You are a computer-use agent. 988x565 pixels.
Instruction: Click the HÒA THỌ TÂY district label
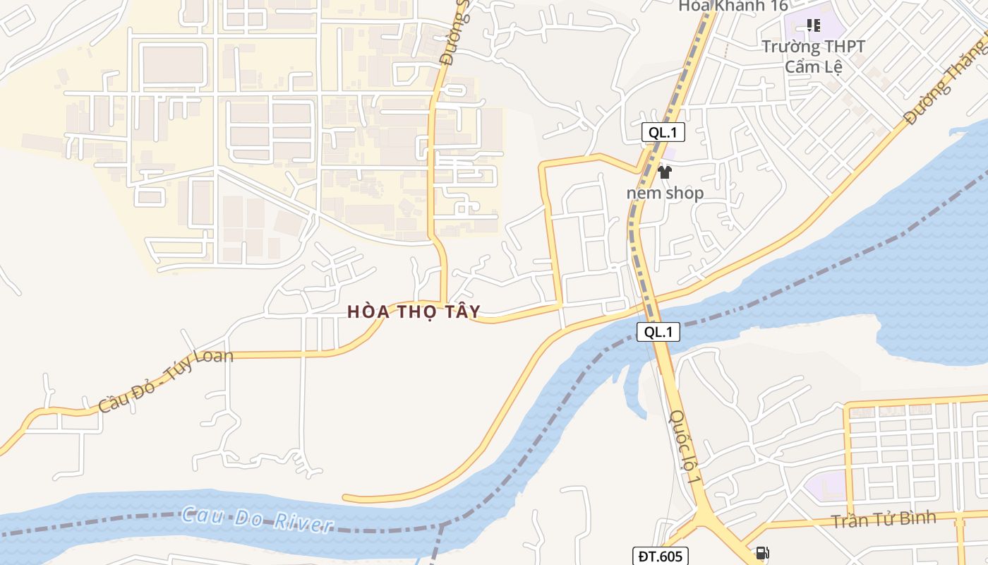(414, 311)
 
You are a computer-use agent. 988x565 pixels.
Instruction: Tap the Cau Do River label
(257, 519)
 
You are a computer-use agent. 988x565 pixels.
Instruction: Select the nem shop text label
(665, 193)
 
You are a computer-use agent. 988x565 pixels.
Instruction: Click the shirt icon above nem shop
(664, 172)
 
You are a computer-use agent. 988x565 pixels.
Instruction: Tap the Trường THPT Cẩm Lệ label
(813, 56)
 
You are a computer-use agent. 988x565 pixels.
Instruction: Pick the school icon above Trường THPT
(813, 26)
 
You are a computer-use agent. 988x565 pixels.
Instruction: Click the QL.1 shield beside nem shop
(663, 132)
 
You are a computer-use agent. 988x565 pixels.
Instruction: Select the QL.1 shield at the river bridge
(658, 332)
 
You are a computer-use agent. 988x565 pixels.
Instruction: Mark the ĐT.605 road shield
(659, 557)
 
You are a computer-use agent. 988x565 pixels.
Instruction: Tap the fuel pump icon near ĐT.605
(762, 553)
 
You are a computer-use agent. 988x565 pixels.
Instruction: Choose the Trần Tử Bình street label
(883, 520)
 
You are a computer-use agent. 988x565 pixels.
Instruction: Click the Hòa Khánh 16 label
(733, 6)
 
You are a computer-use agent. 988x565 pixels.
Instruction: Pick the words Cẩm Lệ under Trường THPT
(813, 66)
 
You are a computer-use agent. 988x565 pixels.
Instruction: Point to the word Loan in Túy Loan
(210, 357)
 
